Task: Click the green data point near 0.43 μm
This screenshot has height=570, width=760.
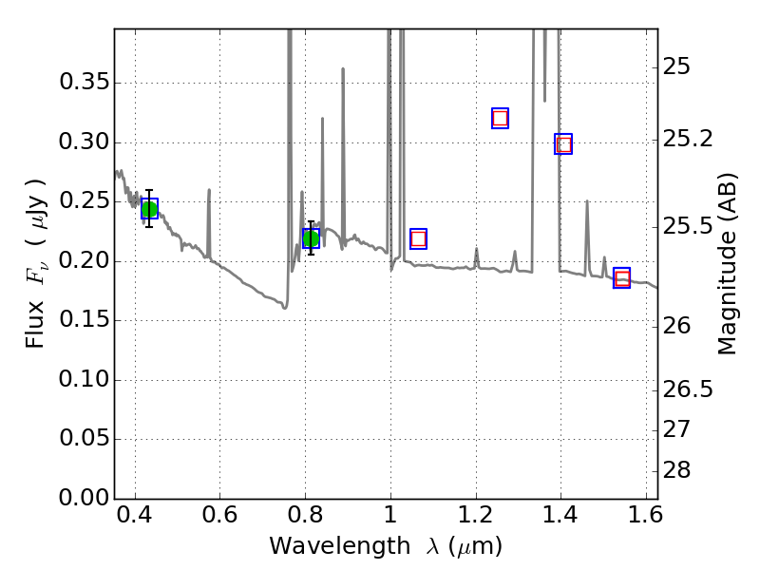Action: [149, 209]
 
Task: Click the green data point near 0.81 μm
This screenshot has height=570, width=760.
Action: [311, 237]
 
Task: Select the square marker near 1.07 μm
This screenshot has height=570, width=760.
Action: [418, 238]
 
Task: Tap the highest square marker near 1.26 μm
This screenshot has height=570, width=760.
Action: [500, 118]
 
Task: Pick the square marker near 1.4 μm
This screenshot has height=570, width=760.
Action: [563, 144]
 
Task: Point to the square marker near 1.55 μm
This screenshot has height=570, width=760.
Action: [622, 278]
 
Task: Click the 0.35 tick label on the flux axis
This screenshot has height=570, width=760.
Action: [84, 84]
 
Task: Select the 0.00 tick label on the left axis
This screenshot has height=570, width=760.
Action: [84, 499]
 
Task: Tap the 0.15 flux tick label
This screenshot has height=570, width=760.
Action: [84, 321]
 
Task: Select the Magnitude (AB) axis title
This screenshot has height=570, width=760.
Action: [728, 263]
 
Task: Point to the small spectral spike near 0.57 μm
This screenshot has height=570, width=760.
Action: [208, 190]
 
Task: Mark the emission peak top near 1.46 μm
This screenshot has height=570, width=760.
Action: [587, 202]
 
